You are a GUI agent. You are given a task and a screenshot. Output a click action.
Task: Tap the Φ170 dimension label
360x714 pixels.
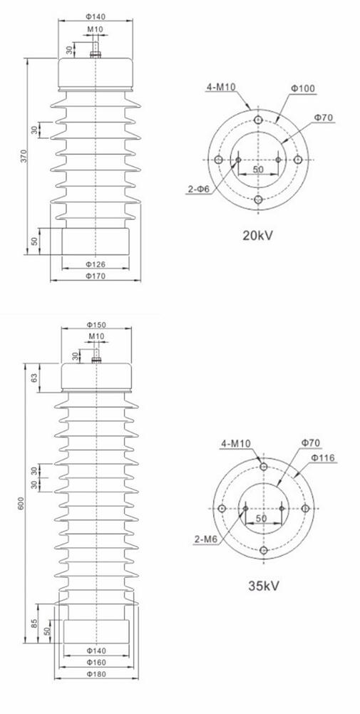coord(95,276)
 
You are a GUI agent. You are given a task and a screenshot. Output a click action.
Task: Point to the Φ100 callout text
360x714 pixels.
coord(302,88)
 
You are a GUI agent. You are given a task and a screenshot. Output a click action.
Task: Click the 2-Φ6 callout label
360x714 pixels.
coord(198,189)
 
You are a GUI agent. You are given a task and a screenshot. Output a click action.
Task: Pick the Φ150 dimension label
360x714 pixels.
coord(96,325)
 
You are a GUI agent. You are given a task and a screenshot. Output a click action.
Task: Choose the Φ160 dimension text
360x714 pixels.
coord(96,662)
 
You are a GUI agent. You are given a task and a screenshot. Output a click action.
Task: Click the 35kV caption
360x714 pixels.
coord(263,586)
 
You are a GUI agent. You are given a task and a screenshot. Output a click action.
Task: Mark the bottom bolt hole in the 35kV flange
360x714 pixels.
coord(264,550)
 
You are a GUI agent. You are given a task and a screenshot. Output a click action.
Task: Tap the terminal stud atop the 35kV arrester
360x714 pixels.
coord(96,354)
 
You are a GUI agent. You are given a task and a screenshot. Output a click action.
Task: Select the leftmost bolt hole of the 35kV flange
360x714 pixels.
coord(222,508)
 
